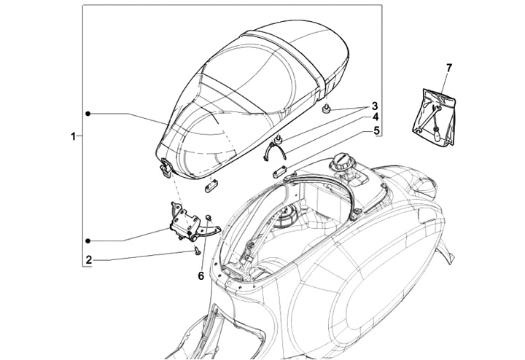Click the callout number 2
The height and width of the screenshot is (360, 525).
[x=88, y=258]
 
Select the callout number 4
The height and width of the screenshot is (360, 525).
[x=375, y=117]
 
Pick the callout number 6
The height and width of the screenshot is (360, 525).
[x=201, y=275]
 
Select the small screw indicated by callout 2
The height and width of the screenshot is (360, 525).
[x=197, y=249]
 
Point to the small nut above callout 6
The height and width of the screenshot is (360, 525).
[x=209, y=216]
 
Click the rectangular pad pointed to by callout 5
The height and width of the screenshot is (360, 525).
[x=278, y=173]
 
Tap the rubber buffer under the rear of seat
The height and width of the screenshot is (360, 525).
[x=325, y=109]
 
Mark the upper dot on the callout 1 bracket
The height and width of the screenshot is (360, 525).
[x=87, y=113]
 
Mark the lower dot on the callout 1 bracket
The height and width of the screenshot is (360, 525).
[x=87, y=240]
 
